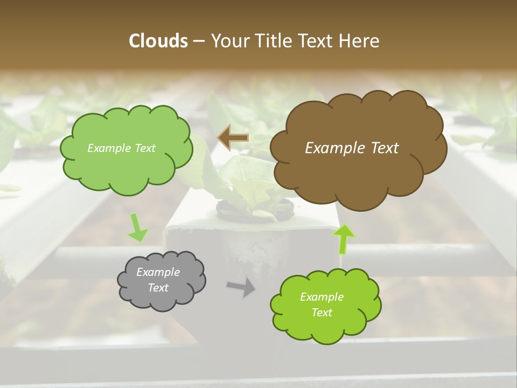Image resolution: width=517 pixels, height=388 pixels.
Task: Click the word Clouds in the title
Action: (158, 41)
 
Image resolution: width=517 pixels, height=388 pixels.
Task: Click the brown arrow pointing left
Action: (233, 138)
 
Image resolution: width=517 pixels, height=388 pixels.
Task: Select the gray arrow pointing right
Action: (241, 288)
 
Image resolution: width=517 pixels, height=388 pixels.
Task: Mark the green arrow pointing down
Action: (137, 228)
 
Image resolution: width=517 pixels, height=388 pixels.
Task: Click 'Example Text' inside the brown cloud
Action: (352, 148)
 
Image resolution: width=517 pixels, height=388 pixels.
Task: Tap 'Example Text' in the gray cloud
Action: (158, 280)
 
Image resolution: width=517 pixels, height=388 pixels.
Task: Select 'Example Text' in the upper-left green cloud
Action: (121, 148)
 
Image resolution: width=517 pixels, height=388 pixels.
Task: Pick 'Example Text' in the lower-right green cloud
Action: (322, 304)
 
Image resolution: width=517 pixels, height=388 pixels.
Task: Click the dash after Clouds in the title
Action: (199, 41)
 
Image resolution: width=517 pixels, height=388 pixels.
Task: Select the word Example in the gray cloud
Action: (158, 272)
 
